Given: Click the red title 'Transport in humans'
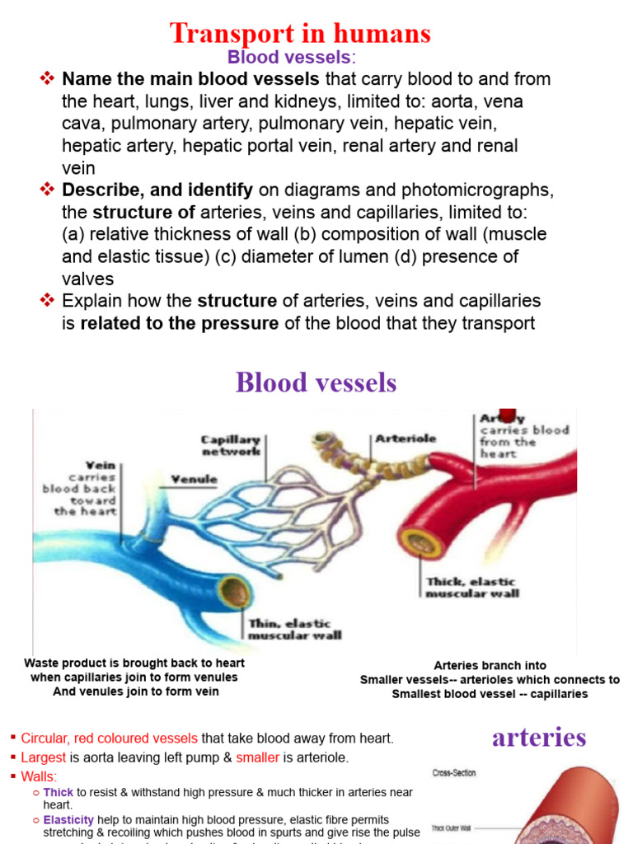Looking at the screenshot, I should (300, 33).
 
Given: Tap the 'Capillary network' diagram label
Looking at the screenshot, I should (232, 446).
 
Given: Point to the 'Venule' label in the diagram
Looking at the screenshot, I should (194, 479).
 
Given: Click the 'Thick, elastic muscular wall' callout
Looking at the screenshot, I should (471, 588).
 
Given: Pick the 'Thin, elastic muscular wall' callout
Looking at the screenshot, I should (294, 629).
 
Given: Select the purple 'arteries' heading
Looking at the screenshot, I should (539, 737).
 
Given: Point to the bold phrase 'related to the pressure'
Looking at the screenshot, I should (179, 323).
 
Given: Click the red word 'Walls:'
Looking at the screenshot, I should (40, 776).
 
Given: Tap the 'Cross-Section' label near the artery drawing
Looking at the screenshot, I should (454, 773).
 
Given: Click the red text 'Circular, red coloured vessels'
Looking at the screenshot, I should (109, 738).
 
